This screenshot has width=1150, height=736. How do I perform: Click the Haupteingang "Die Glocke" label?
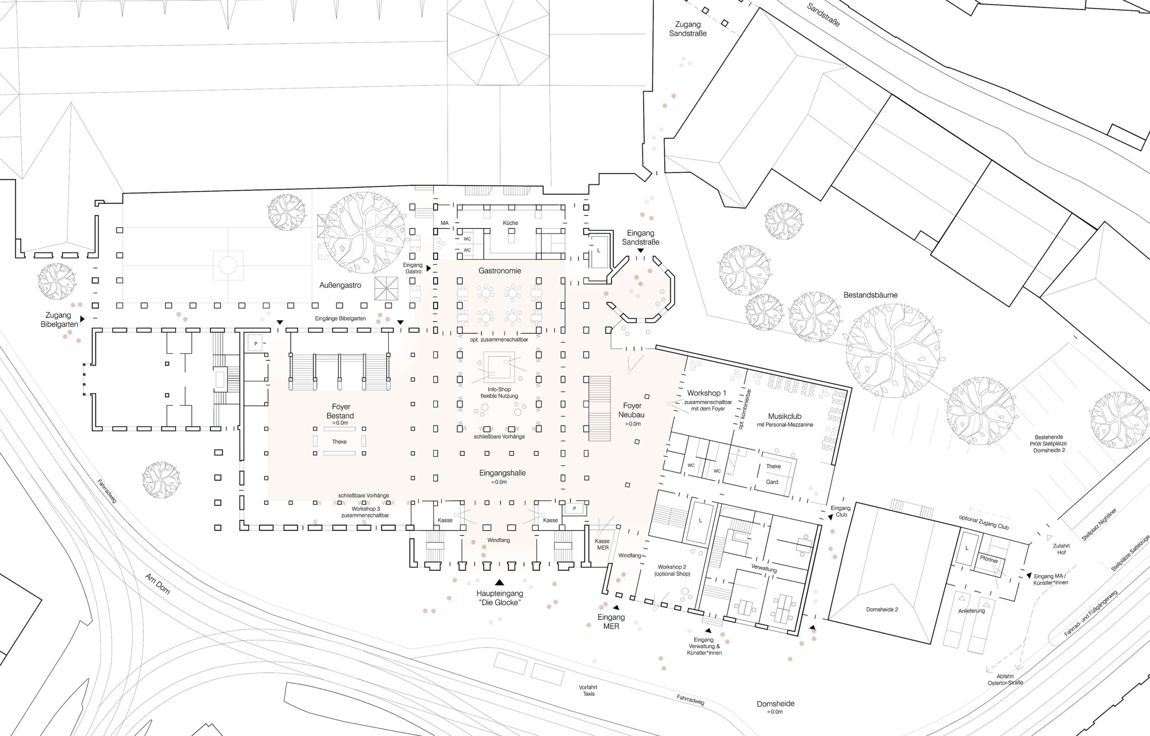[x=500, y=598]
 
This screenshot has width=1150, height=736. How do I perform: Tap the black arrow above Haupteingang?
[x=500, y=582]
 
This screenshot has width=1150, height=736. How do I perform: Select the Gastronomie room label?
[x=500, y=270]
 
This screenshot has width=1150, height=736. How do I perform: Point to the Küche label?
[x=510, y=223]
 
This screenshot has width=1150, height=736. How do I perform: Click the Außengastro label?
[x=341, y=285]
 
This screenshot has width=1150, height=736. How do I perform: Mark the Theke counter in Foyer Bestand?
[x=339, y=441]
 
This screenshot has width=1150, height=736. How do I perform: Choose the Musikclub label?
[x=785, y=416]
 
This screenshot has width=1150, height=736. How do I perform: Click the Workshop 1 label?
[x=707, y=393]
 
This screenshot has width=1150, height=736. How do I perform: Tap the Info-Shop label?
[x=499, y=389]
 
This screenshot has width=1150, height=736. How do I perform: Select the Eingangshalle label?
[x=502, y=473]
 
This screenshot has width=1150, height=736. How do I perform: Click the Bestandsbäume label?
[x=871, y=295]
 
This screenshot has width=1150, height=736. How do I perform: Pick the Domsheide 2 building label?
[x=882, y=609]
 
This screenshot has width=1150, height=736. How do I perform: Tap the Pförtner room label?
[x=989, y=559]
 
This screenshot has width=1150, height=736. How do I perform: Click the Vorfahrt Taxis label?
[x=588, y=690]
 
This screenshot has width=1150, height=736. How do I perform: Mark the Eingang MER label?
[x=611, y=621]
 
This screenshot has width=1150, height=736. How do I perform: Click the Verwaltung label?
[x=764, y=568]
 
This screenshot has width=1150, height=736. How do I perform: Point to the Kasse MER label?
[x=602, y=544]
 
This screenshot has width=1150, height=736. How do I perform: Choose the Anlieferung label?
[x=971, y=611]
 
